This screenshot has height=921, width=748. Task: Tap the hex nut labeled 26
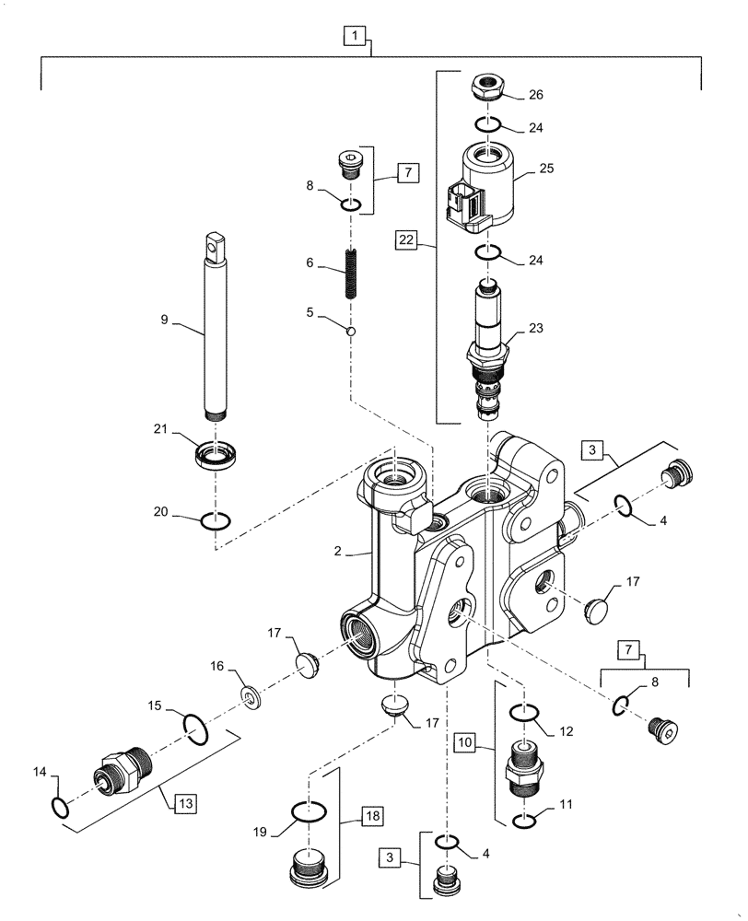point(488,88)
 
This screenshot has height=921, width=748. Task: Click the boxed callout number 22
point(405,240)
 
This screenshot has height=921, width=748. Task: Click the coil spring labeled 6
point(351,275)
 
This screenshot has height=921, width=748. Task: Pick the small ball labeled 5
point(351,331)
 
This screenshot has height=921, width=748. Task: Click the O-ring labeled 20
point(215,521)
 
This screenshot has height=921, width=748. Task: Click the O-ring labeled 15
point(197,729)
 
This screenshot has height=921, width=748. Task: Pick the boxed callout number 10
point(464,739)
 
